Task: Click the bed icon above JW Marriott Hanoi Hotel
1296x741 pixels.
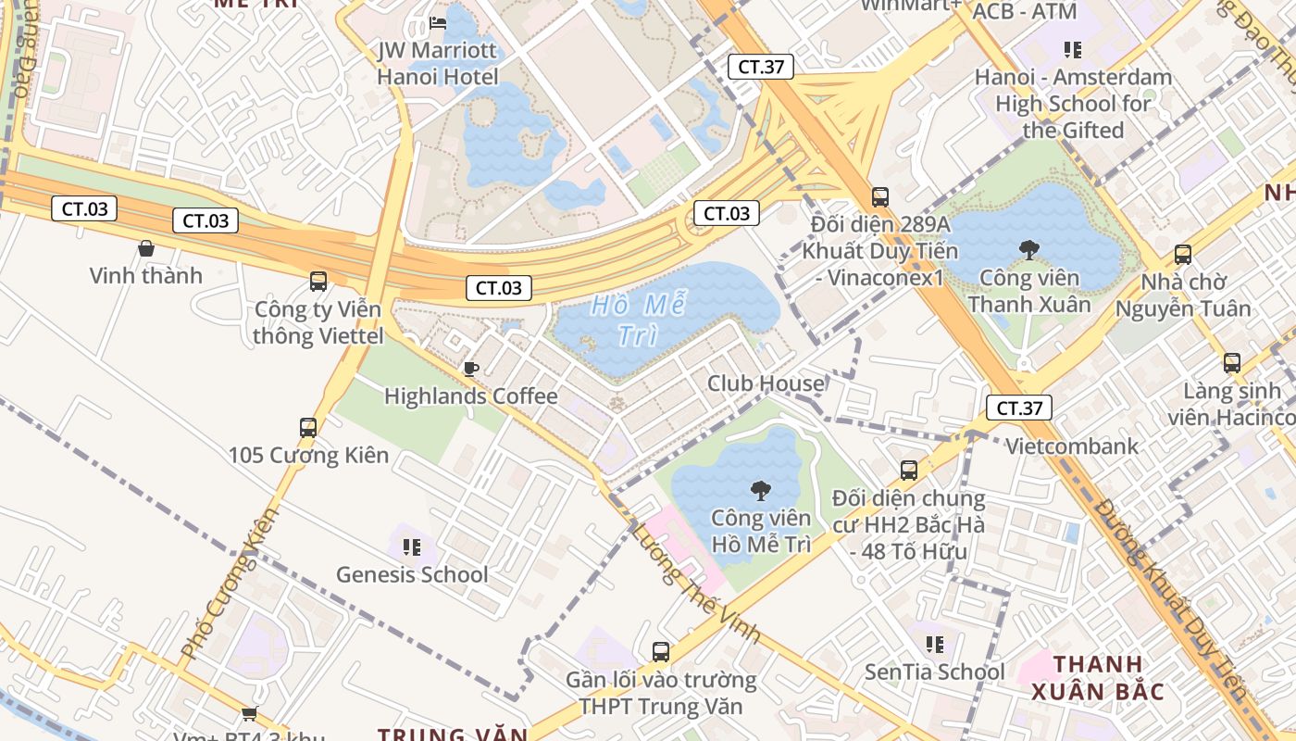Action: tap(438, 22)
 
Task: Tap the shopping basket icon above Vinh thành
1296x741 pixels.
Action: tap(146, 247)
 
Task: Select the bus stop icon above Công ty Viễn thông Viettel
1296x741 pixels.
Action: tap(318, 281)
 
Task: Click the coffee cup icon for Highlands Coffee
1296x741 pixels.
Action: tap(470, 369)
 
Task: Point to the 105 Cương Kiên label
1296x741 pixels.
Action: tap(309, 455)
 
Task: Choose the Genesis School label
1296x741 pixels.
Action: tap(412, 574)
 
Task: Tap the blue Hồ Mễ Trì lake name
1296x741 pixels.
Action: tap(638, 320)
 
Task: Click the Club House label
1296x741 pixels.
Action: tap(766, 383)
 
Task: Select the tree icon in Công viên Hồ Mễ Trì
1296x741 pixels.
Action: tap(761, 491)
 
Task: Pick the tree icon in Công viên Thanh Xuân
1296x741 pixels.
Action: tap(1028, 249)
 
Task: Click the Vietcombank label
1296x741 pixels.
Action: tap(1072, 446)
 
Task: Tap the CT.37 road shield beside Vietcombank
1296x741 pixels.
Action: tap(1018, 408)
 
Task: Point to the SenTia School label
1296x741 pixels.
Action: tap(934, 672)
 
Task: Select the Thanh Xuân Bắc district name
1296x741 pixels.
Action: tap(1098, 678)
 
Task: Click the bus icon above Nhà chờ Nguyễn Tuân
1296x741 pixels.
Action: tap(1183, 254)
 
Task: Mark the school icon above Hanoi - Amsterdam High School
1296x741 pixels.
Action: tap(1073, 49)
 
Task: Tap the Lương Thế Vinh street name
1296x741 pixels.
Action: tap(695, 583)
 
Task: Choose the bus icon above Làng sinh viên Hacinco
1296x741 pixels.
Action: tap(1232, 363)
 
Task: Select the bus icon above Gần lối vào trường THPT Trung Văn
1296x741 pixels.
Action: tap(661, 652)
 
